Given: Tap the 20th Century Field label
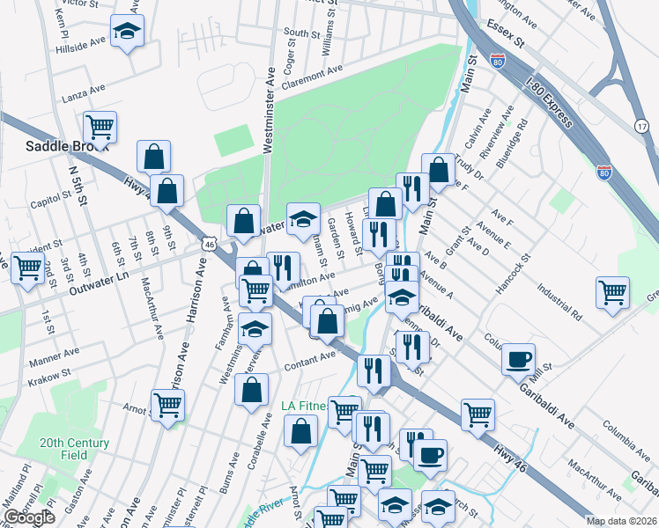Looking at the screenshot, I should click(x=74, y=449).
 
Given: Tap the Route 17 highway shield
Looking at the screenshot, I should click(x=640, y=127).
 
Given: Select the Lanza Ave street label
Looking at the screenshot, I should click(x=85, y=91).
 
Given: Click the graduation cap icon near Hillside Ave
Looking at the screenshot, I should click(x=127, y=33).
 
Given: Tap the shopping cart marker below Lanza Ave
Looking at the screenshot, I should click(x=100, y=127).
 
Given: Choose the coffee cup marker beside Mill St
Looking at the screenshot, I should click(x=519, y=358).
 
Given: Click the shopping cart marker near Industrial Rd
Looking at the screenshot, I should click(x=612, y=292).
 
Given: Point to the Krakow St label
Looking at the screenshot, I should click(x=49, y=377).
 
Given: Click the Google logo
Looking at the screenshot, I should click(x=29, y=517).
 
